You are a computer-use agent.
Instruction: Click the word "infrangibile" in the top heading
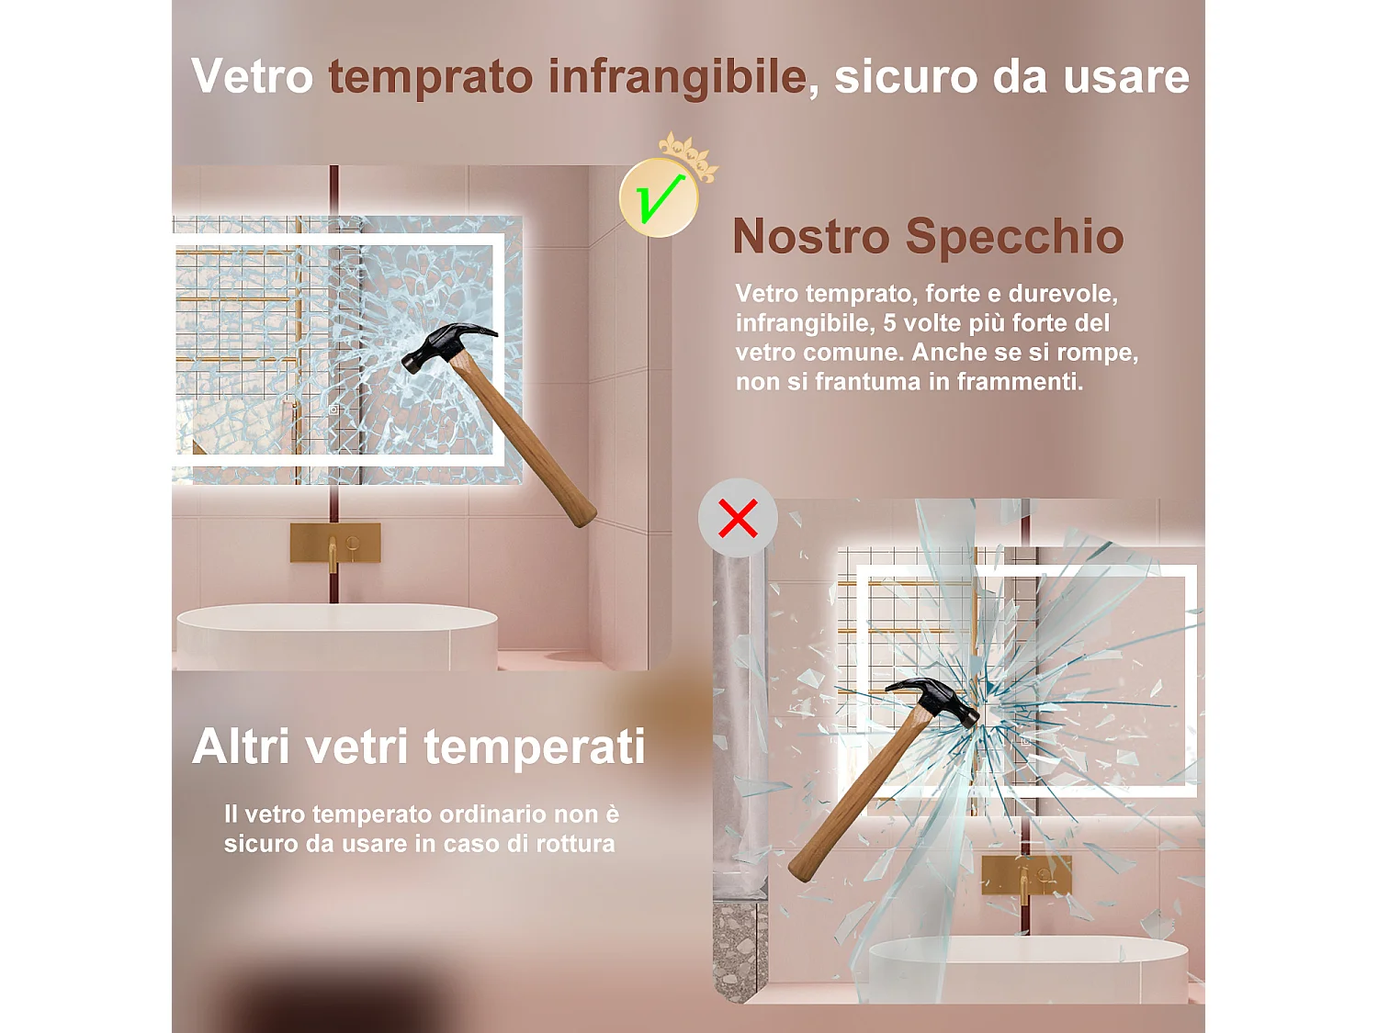point(677,76)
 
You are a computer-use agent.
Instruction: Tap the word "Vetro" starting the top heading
point(252,76)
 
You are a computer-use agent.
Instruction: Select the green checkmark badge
point(658,198)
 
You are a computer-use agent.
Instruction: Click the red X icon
point(738,519)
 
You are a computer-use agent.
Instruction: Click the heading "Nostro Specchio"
point(928,237)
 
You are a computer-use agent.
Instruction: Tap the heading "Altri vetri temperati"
point(419,747)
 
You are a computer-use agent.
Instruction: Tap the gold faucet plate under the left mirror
point(335,543)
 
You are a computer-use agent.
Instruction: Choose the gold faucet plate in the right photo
point(1026,875)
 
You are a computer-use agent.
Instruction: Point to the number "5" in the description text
point(889,323)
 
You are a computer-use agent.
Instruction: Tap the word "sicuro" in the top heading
point(905,76)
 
